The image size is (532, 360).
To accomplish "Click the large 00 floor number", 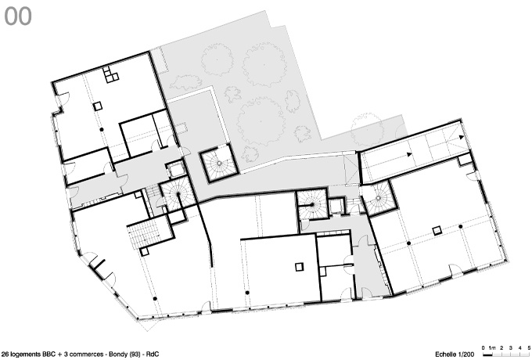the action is pyautogui.click(x=18, y=16).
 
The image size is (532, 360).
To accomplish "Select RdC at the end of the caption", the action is pyautogui.click(x=153, y=355).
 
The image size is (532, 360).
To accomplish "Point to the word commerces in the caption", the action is pyautogui.click(x=87, y=355).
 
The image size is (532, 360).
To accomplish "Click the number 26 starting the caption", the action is pyautogui.click(x=5, y=355).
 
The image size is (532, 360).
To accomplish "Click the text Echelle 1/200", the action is pyautogui.click(x=455, y=355).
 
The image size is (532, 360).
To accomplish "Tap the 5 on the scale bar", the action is pyautogui.click(x=529, y=347).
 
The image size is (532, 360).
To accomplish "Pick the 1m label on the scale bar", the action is pyautogui.click(x=492, y=347).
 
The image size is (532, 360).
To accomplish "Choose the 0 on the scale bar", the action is pyautogui.click(x=483, y=347).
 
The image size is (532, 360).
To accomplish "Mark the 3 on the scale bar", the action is pyautogui.click(x=511, y=347).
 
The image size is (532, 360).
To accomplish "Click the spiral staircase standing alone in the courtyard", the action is pyautogui.click(x=220, y=164).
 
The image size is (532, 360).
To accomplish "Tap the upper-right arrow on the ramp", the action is pyautogui.click(x=462, y=137).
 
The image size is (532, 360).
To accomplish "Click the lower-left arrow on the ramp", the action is pyautogui.click(x=409, y=154).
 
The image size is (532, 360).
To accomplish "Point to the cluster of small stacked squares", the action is pyautogui.click(x=110, y=74).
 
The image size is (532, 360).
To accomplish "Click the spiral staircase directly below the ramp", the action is pyautogui.click(x=379, y=199).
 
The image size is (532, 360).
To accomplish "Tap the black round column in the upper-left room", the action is pyautogui.click(x=101, y=130).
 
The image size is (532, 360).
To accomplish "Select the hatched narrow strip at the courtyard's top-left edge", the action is pyautogui.click(x=160, y=59).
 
